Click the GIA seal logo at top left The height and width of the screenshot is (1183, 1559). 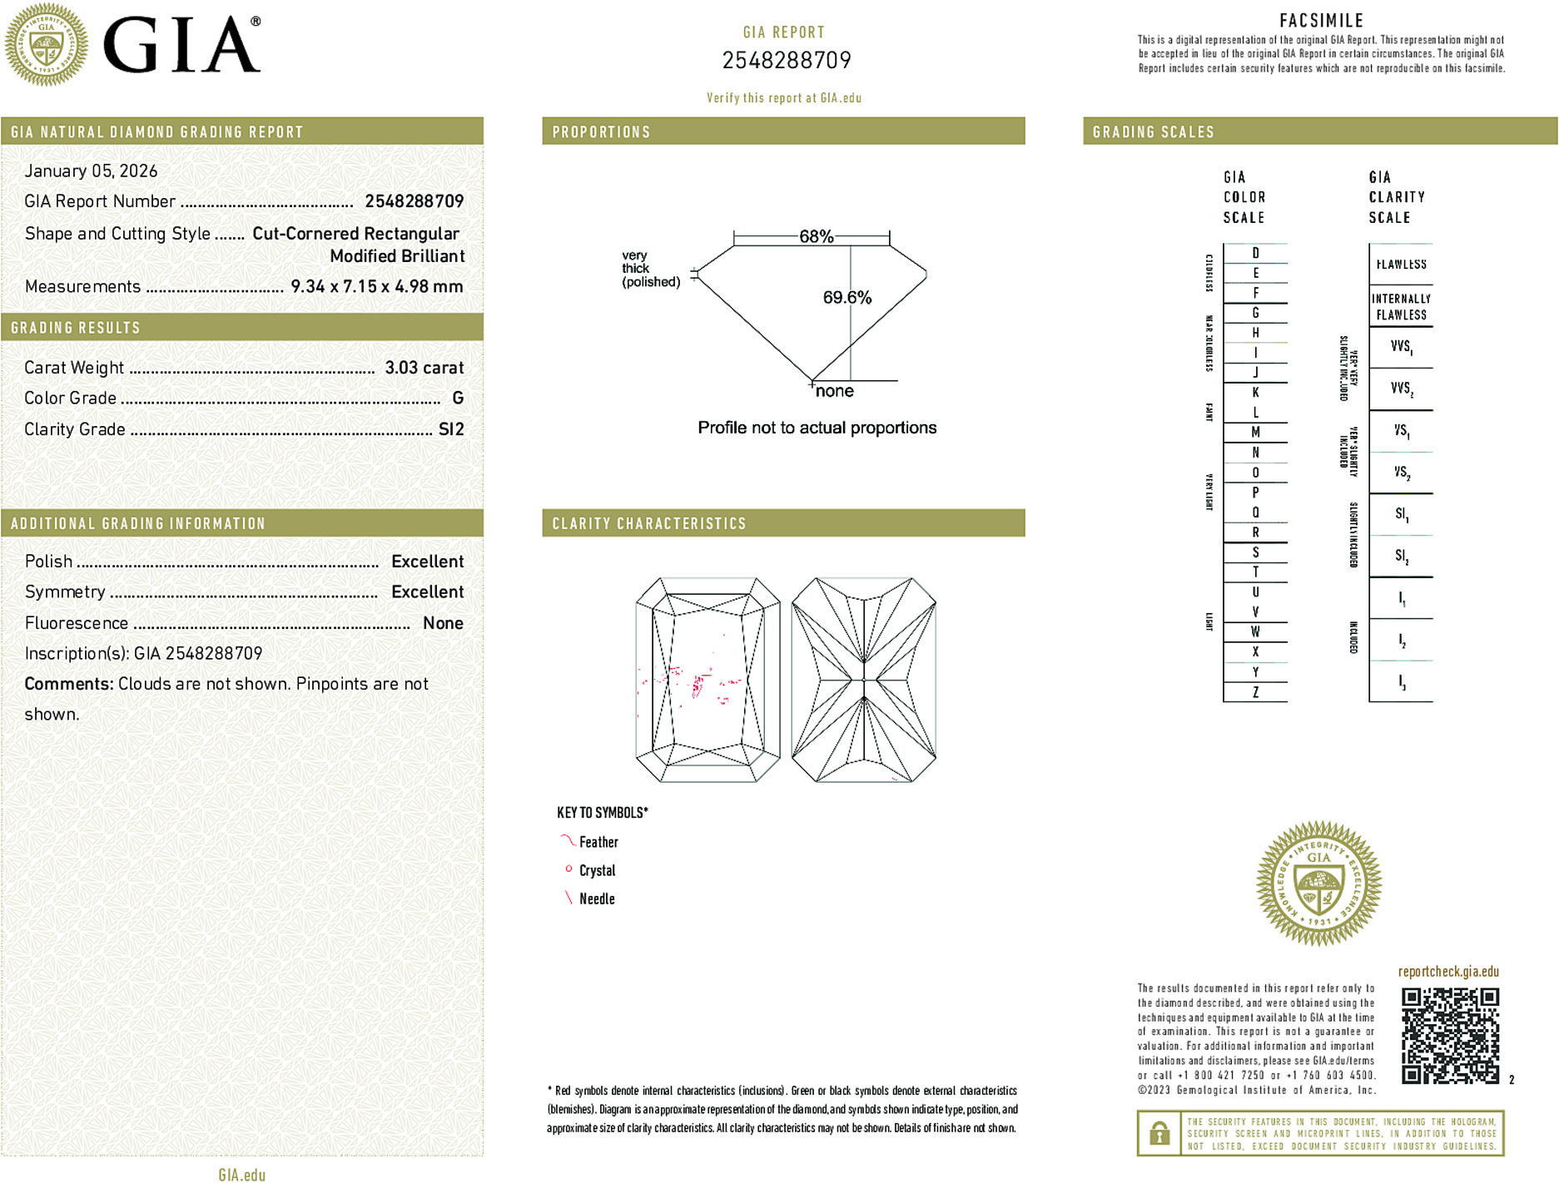tap(46, 45)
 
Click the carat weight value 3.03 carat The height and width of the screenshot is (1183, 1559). tap(424, 368)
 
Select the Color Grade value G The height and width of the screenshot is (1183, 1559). tap(458, 398)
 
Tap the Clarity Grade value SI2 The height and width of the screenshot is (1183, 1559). tap(451, 429)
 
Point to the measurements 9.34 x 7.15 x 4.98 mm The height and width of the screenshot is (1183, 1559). tap(376, 287)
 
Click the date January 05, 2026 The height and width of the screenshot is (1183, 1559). tap(91, 171)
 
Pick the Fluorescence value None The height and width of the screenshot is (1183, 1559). tap(443, 623)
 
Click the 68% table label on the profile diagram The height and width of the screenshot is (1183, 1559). tap(816, 236)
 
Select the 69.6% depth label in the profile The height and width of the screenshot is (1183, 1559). tap(847, 298)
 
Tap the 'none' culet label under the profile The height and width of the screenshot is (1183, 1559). tap(834, 392)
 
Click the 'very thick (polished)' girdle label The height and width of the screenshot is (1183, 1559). tap(650, 269)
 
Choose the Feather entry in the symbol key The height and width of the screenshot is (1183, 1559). tap(598, 843)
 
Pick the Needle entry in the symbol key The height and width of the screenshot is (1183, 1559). tap(596, 899)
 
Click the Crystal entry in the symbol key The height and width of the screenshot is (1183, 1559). tap(597, 871)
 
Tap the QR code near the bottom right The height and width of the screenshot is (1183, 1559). tap(1449, 1036)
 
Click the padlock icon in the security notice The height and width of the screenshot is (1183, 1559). tap(1159, 1133)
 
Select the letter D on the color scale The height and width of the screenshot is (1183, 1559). tap(1255, 253)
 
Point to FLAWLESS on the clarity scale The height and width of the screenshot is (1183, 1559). tap(1401, 265)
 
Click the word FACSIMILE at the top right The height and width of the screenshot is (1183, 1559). tap(1321, 21)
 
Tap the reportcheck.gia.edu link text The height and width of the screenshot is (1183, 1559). tap(1447, 972)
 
